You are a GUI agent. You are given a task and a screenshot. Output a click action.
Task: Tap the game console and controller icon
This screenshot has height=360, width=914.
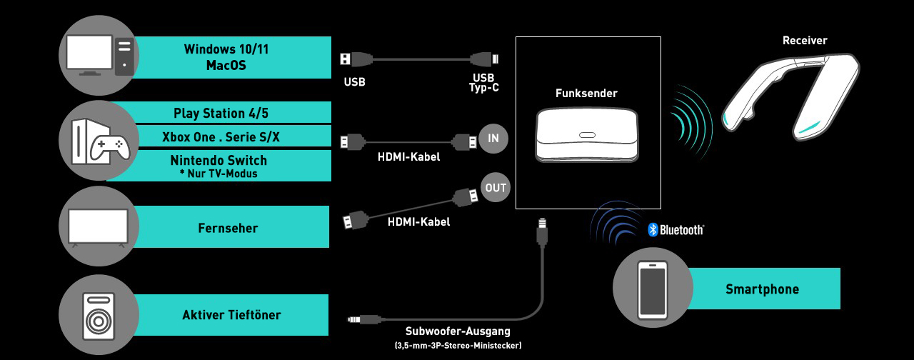point(99,141)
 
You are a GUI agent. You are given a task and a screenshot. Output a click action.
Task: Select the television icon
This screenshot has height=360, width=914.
point(98,227)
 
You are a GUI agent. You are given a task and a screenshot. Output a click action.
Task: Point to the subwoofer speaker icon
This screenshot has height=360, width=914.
point(98,315)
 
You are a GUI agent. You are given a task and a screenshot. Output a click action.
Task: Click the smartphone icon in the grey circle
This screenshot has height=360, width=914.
point(653,289)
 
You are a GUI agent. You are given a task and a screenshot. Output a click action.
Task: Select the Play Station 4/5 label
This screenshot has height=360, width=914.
point(221,113)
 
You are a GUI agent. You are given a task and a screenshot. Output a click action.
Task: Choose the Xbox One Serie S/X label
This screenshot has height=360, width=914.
point(221,136)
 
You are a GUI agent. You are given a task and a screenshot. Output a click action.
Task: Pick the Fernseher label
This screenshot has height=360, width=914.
point(228,229)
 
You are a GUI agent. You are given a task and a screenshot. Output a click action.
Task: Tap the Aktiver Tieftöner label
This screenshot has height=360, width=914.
point(231,315)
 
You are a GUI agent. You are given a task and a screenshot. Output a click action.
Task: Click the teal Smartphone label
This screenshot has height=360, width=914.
point(762,289)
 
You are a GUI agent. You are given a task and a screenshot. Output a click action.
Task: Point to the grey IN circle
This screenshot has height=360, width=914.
point(493,139)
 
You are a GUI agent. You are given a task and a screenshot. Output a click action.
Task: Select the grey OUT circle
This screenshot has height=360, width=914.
point(496,188)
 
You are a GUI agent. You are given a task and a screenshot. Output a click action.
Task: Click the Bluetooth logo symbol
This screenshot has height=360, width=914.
point(652,229)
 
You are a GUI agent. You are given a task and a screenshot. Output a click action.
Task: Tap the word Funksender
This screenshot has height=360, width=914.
point(586,94)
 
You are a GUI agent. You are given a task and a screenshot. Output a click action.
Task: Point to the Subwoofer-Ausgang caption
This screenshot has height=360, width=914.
point(458,331)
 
